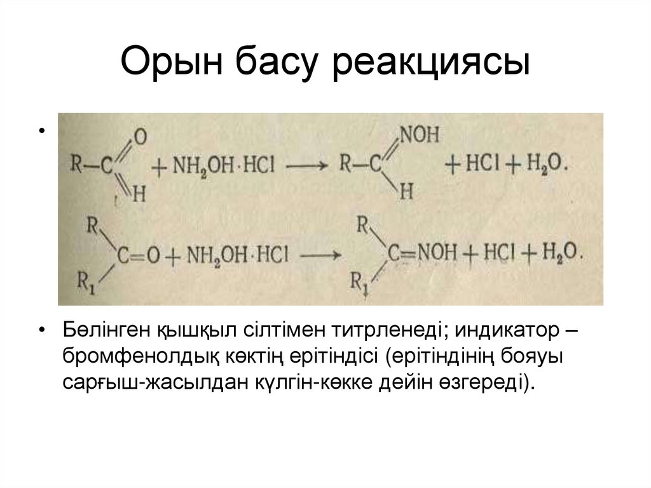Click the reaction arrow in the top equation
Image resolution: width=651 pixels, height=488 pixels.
(x=305, y=165)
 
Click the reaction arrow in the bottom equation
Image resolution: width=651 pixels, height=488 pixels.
(x=320, y=255)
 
